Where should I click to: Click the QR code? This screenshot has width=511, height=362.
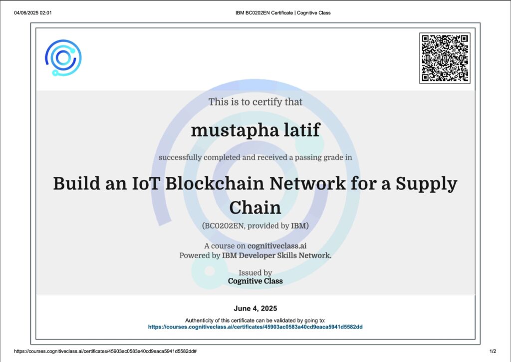[445, 58]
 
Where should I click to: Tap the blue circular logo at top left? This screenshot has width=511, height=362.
[63, 57]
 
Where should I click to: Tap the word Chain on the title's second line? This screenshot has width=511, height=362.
[255, 207]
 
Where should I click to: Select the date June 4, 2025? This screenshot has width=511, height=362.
[255, 308]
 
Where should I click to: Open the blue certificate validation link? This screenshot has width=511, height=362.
[255, 326]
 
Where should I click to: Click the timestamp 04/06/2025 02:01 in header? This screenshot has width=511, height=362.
[32, 13]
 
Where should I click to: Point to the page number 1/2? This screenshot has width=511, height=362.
[493, 351]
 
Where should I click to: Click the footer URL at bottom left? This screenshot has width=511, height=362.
[105, 351]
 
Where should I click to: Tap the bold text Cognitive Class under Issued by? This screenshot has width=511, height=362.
[255, 281]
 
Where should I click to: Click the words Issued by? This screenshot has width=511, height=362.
[255, 273]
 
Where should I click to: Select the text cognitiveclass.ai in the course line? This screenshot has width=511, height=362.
[277, 246]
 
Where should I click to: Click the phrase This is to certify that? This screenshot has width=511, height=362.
[255, 102]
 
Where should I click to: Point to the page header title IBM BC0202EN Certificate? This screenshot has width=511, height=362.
[264, 13]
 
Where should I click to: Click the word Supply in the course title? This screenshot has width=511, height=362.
[427, 184]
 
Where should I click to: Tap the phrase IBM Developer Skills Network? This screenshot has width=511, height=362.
[276, 255]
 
